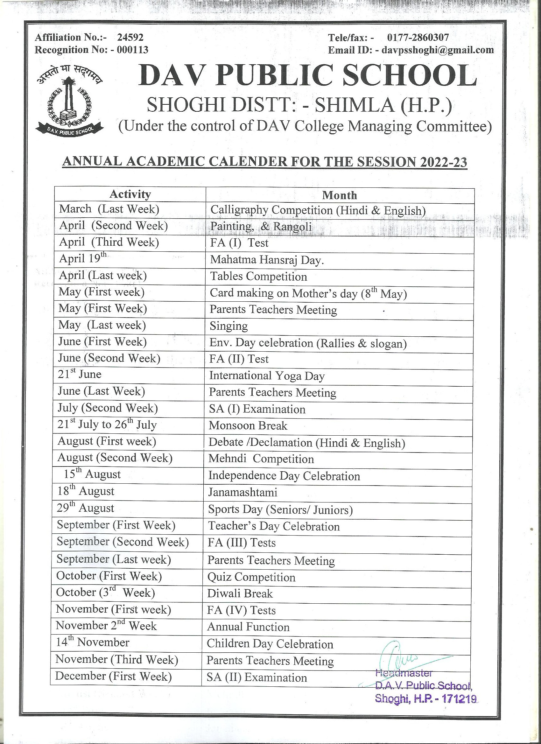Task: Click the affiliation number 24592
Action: point(130,38)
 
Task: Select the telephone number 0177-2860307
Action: point(418,38)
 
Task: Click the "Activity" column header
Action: point(130,194)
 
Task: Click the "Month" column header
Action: point(340,195)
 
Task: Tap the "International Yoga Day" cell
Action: point(267,376)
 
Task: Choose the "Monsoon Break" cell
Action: point(248,425)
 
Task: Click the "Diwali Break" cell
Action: point(240,593)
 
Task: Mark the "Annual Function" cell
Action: point(248,627)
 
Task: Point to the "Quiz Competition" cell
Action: point(251,577)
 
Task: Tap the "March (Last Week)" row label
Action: point(109,209)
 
